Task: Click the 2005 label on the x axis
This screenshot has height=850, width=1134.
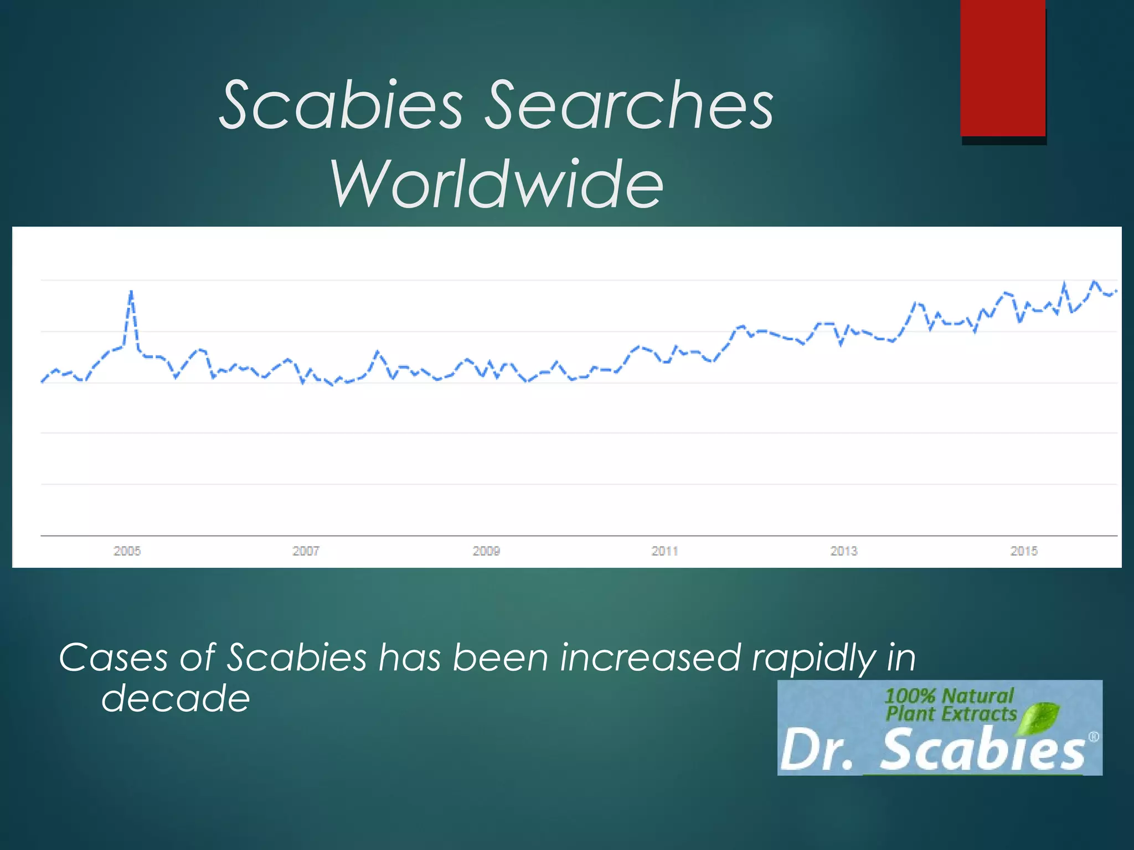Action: pos(127,551)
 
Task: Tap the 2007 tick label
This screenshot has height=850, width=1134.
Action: pos(306,551)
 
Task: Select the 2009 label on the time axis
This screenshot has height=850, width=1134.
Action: pos(486,551)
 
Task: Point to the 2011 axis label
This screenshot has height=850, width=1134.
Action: pos(664,551)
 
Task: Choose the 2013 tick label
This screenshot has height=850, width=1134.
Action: pos(844,551)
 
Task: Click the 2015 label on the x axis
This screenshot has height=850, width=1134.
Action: pos(1024,551)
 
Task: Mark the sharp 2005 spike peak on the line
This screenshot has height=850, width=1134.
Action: pos(131,292)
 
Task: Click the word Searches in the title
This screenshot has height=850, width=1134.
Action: pos(629,105)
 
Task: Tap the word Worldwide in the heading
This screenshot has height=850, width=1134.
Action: pos(497,184)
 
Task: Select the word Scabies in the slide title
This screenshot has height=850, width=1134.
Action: pos(341,105)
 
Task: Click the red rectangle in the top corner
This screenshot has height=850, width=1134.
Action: pos(1003,68)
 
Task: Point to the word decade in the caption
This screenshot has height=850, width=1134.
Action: pos(176,698)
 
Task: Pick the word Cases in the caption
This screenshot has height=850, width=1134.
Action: pos(113,658)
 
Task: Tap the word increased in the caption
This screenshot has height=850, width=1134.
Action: pos(650,658)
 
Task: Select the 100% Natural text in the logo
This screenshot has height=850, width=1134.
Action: pos(949,696)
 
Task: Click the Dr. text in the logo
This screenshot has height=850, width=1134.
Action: pos(817,751)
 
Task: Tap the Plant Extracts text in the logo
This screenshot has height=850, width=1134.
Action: pos(951,714)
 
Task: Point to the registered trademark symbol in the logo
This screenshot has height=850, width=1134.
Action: pos(1094,737)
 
